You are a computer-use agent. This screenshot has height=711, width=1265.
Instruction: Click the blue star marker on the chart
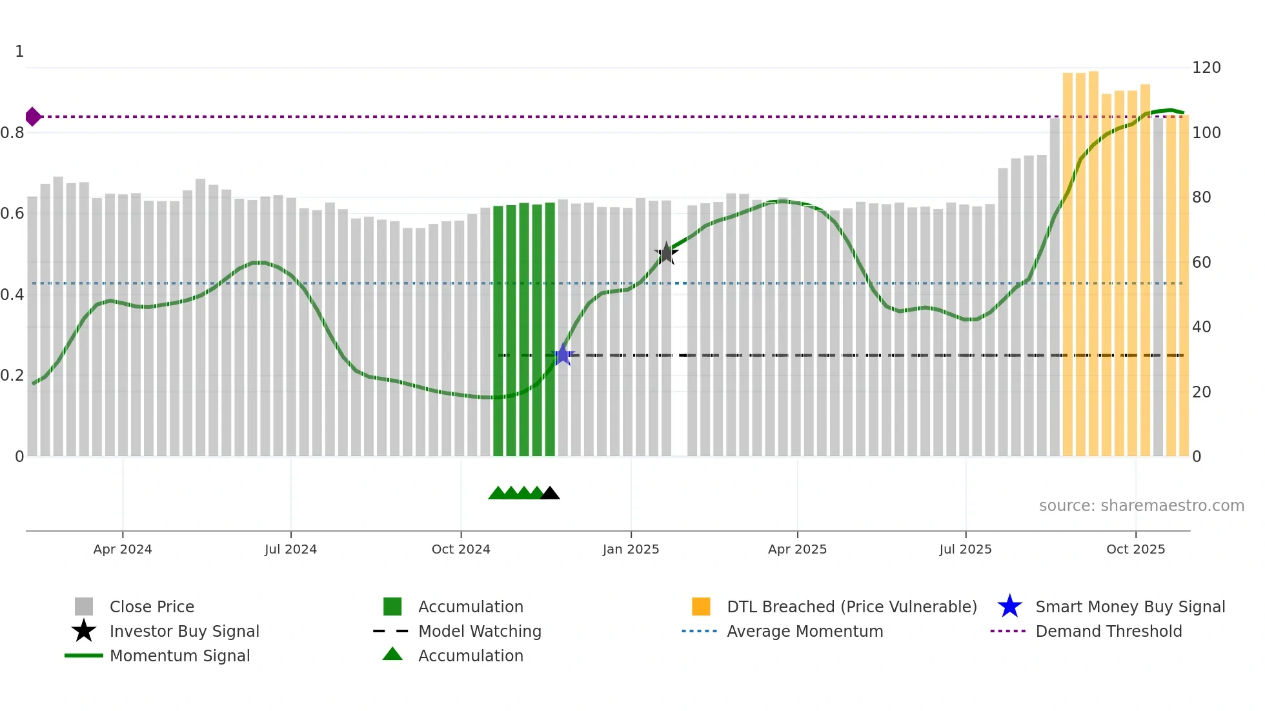click(x=563, y=355)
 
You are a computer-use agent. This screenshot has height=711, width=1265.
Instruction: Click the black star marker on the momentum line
click(x=666, y=253)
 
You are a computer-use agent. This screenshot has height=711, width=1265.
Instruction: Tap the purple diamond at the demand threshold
click(x=33, y=117)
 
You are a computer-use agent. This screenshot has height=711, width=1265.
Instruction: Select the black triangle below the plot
click(x=550, y=494)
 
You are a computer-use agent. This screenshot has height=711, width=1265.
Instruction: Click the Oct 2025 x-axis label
click(x=1135, y=549)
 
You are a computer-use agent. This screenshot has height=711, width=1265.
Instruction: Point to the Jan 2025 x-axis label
click(x=631, y=549)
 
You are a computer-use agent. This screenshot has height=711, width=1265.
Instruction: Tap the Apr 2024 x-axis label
click(x=123, y=549)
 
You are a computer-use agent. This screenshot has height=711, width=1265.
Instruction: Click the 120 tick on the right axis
click(x=1206, y=68)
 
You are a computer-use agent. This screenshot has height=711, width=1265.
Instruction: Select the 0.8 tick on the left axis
click(x=12, y=133)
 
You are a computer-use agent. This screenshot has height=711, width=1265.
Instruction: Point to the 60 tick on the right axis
click(x=1202, y=262)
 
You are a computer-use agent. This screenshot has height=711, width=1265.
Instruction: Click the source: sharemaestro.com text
click(x=1141, y=506)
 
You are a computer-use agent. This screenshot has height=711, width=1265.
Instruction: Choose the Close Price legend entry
click(x=152, y=606)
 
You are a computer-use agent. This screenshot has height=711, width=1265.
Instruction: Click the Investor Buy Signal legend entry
click(x=184, y=631)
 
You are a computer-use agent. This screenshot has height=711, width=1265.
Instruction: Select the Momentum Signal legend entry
click(x=179, y=656)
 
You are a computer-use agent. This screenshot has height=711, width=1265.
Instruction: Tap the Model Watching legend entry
click(x=480, y=631)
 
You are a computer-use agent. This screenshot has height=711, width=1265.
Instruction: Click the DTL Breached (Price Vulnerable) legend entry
click(x=851, y=606)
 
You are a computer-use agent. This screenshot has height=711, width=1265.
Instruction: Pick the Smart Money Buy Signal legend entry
click(x=1130, y=606)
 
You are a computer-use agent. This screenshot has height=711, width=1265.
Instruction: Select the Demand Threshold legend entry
click(x=1108, y=631)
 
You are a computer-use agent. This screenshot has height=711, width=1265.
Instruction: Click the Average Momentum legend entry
click(x=805, y=631)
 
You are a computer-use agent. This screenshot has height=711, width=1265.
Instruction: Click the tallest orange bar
click(x=1093, y=265)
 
